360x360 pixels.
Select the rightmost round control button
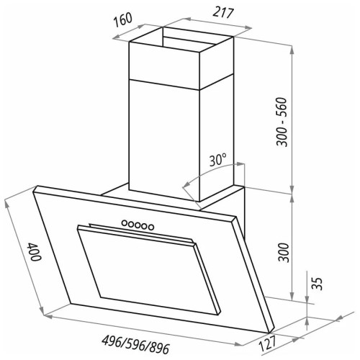152,227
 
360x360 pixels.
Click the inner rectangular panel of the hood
137,266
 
